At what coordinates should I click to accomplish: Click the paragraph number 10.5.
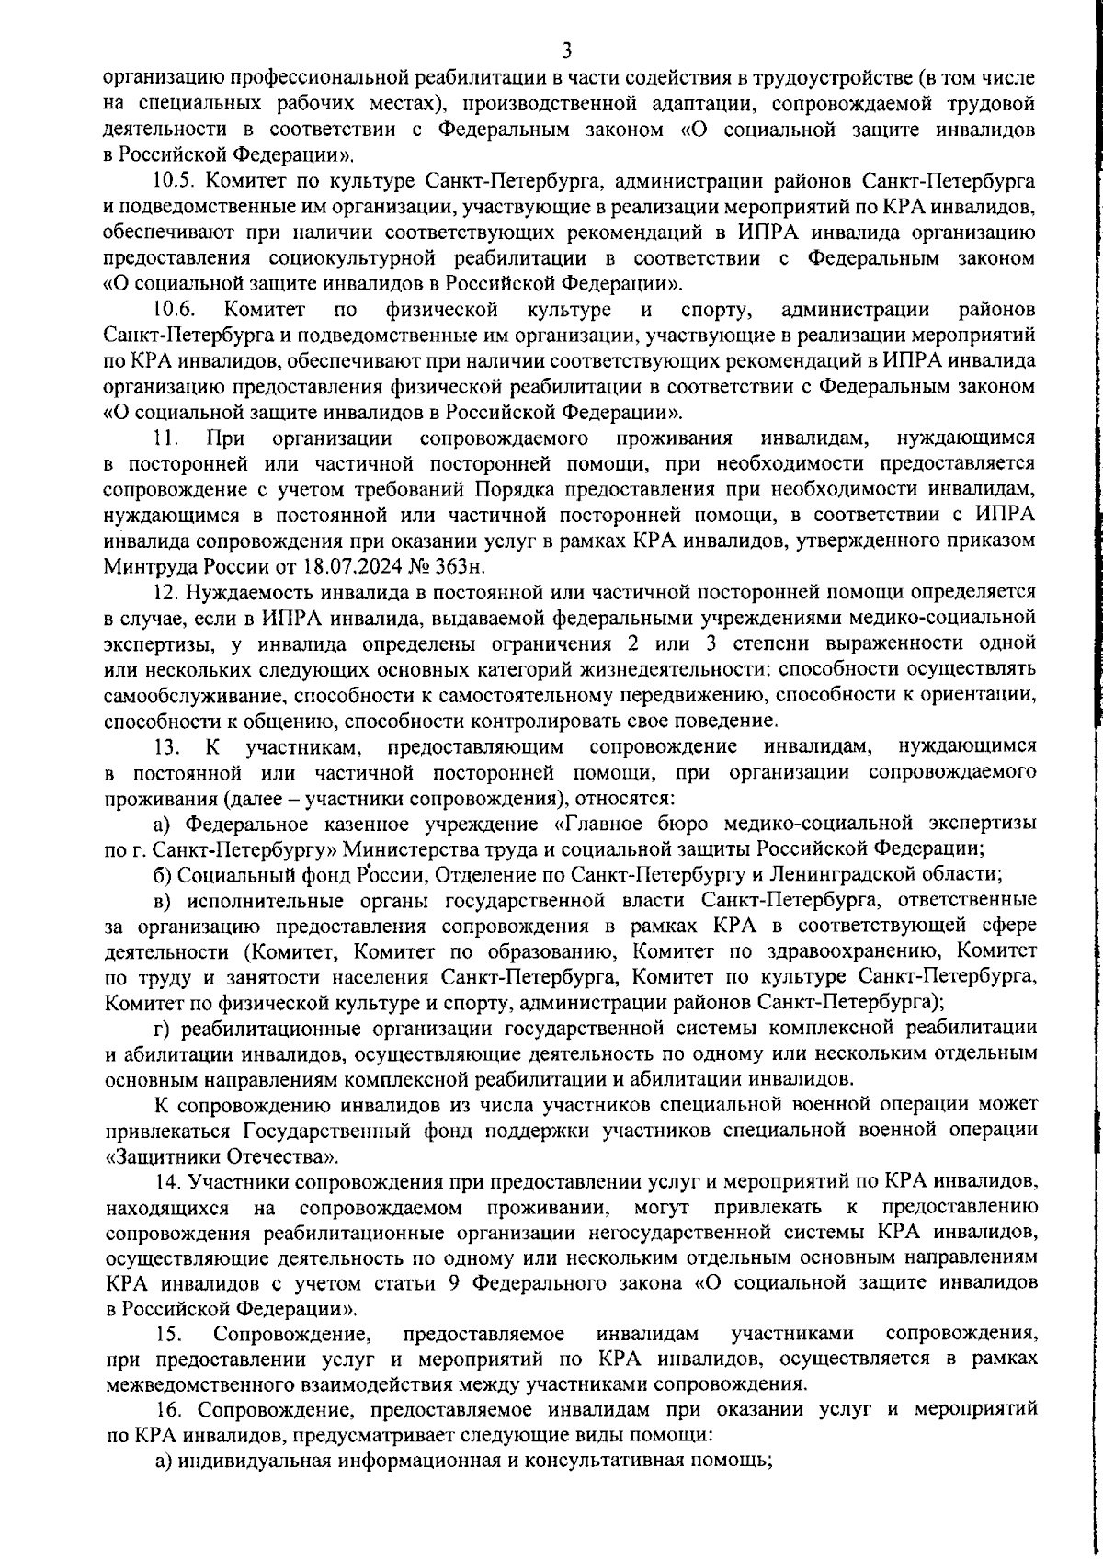point(171,176)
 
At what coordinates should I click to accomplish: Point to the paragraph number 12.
point(165,589)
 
